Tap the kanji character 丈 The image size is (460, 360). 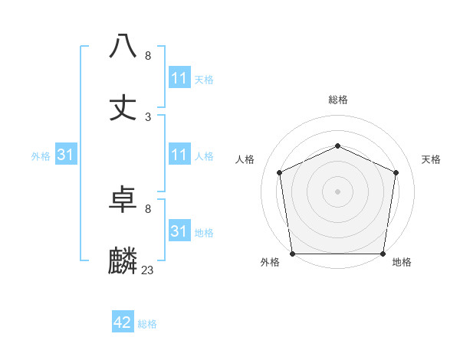123,107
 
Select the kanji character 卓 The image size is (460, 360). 123,200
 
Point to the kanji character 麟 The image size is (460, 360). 123,261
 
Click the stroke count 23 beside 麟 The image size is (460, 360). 148,270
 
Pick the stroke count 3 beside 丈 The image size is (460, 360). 148,116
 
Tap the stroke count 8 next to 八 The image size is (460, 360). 148,55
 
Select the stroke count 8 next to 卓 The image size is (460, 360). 148,208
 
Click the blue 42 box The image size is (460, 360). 123,322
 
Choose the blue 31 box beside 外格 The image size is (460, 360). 66,155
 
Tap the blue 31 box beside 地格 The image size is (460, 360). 179,231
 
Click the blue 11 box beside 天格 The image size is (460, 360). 179,78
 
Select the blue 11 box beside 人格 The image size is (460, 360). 179,155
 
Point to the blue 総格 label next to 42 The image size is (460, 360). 147,324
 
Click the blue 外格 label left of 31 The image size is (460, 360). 41,156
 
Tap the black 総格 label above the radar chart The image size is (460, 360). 338,100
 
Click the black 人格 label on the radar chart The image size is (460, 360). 245,159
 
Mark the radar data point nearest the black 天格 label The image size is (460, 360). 396,172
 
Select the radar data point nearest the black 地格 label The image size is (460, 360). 383,254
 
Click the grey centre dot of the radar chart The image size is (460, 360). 338,191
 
